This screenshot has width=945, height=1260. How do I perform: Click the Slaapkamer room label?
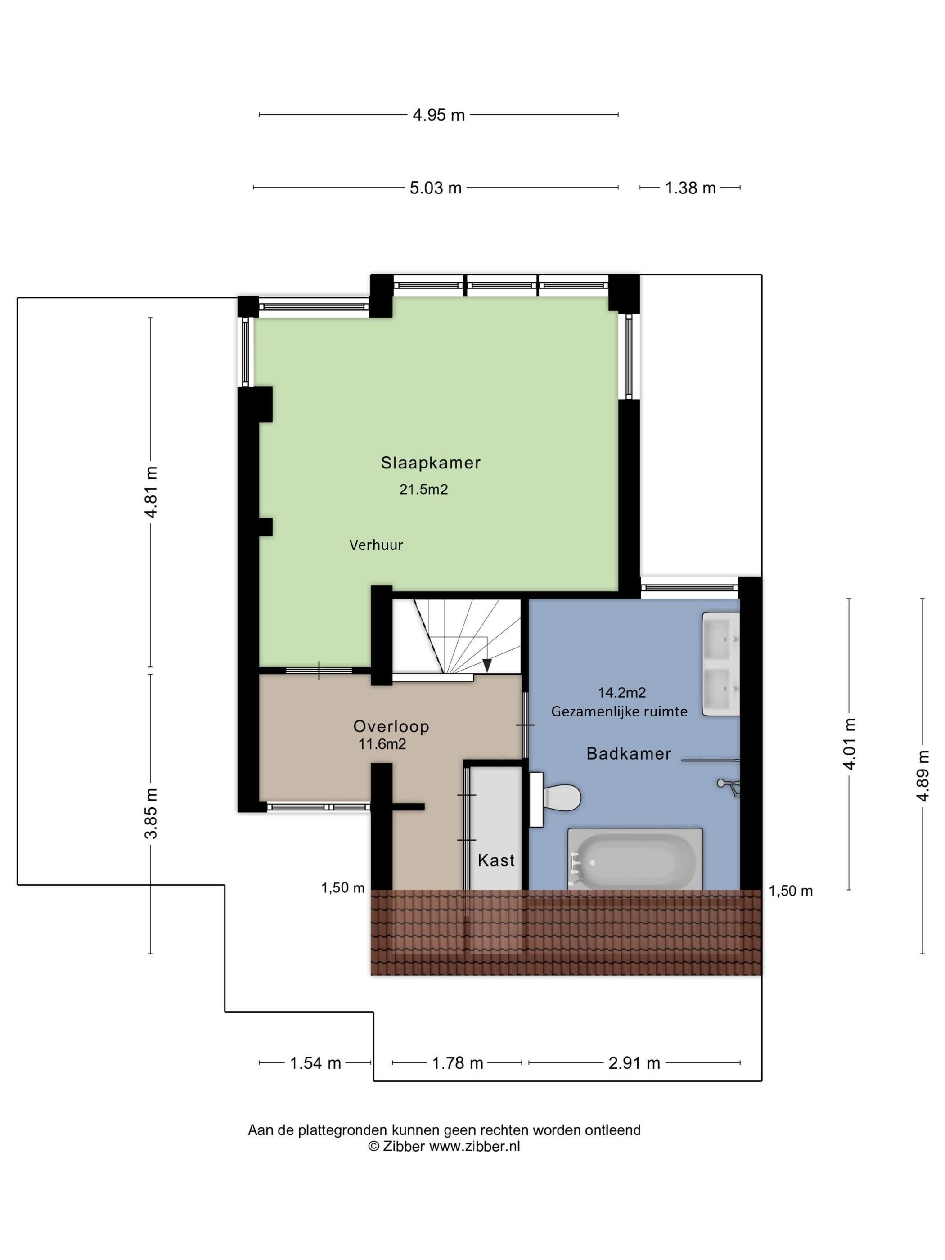431,463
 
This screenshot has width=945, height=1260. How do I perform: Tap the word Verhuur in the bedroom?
376,545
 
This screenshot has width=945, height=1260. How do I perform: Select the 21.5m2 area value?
423,489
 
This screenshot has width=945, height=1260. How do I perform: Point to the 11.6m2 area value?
382,744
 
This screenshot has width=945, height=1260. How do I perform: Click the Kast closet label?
496,860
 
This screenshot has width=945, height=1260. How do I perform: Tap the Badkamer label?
629,754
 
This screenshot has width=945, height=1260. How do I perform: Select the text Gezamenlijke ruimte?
619,711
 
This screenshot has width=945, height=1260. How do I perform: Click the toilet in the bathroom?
555,799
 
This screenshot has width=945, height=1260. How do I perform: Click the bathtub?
635,859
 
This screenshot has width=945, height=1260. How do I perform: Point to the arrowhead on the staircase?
487,665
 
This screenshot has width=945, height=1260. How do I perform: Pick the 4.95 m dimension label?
439,116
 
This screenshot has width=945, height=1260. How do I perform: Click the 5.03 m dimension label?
436,188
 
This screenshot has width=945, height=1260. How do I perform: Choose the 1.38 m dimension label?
690,188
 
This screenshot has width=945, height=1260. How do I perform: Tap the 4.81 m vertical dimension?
151,492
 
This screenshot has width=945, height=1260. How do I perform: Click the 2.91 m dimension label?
634,1063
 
